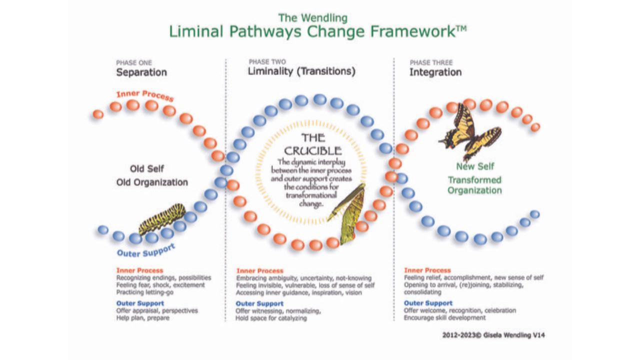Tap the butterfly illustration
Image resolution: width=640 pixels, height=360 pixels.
(470, 132)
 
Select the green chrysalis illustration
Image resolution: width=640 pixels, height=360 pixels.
(348, 213)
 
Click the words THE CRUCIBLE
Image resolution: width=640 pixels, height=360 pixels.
(312, 144)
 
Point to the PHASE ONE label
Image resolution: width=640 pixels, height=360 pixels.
(133, 62)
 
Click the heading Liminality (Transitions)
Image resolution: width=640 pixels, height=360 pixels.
(301, 71)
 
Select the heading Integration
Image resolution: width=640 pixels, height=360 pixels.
(435, 72)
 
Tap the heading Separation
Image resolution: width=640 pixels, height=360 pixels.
(141, 72)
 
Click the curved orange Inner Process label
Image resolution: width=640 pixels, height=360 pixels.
(145, 95)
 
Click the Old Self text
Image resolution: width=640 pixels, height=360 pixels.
(147, 168)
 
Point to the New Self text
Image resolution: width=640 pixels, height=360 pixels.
(475, 166)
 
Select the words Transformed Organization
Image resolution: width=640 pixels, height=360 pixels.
(474, 185)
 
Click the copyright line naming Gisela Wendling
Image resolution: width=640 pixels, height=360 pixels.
(493, 335)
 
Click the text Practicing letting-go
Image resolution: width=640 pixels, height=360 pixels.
(145, 292)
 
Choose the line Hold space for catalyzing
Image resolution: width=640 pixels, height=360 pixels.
(271, 318)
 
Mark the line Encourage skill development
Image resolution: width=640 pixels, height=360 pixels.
(444, 317)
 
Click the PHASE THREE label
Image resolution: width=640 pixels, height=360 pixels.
(431, 62)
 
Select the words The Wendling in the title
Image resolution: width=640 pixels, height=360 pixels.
(313, 18)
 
